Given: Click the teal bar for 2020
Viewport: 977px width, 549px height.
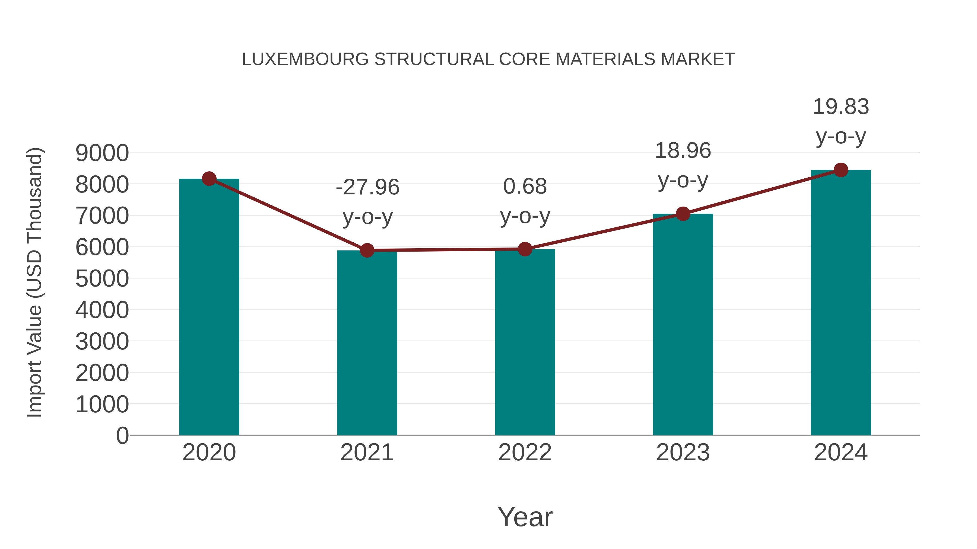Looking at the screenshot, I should tap(209, 307).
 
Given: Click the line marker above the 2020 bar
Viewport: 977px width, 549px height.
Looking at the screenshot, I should tap(209, 178).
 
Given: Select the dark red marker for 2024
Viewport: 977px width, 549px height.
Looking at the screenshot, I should tap(841, 170).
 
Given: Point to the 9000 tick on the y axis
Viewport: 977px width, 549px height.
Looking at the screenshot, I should tap(102, 153).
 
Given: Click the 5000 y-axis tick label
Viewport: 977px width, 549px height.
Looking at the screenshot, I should tap(102, 279).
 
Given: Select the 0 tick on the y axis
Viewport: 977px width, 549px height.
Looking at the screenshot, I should tap(122, 436).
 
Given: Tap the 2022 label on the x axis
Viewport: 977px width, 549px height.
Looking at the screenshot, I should tap(525, 452).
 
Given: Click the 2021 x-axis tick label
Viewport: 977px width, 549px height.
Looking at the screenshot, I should tap(367, 452).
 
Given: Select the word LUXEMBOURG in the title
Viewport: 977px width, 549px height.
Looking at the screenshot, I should tap(305, 59).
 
